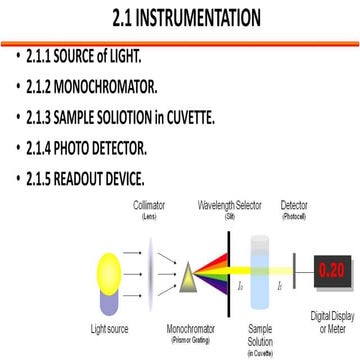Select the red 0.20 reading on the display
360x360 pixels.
pos(334,269)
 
